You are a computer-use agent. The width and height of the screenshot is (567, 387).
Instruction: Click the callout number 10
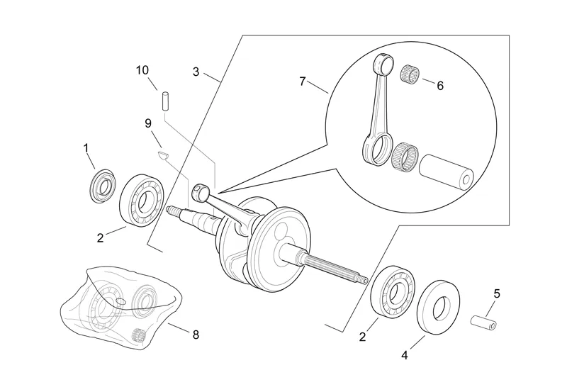142,70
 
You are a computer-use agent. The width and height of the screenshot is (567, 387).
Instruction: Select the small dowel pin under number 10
166,101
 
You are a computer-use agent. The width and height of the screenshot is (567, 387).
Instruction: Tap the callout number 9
148,124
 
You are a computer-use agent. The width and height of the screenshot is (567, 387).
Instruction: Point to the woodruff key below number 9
164,156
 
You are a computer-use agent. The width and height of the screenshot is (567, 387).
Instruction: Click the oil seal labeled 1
103,186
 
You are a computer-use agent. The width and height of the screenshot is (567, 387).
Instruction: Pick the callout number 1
86,148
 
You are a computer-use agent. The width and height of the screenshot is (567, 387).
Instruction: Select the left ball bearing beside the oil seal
142,199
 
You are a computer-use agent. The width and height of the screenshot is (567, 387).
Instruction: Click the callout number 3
196,72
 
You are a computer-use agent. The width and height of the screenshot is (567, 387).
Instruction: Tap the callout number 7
303,82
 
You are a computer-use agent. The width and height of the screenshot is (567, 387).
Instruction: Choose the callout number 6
440,86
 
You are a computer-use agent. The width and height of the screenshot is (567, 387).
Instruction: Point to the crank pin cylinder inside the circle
447,172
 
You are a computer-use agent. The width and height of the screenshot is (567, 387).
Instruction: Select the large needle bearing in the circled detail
405,157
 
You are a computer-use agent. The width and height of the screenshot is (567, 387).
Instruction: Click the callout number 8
196,335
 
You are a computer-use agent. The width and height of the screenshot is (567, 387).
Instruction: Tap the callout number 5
497,293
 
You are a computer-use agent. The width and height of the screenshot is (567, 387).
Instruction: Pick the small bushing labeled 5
483,322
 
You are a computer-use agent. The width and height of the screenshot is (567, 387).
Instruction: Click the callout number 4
404,356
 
